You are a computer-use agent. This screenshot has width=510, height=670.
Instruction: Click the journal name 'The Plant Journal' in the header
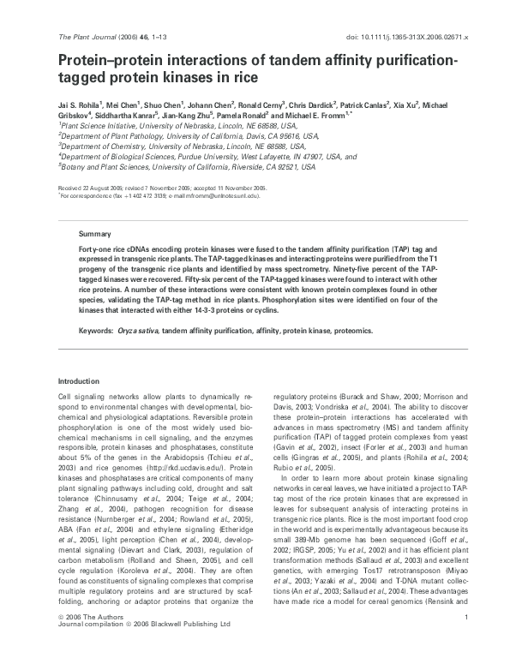click(82, 39)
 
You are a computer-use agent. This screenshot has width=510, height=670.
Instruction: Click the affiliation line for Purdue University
click(207, 157)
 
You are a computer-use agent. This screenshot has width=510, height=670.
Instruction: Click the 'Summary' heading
click(93, 233)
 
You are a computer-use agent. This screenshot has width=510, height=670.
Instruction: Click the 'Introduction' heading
click(78, 380)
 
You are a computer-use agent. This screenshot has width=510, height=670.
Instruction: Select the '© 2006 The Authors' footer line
click(86, 642)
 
